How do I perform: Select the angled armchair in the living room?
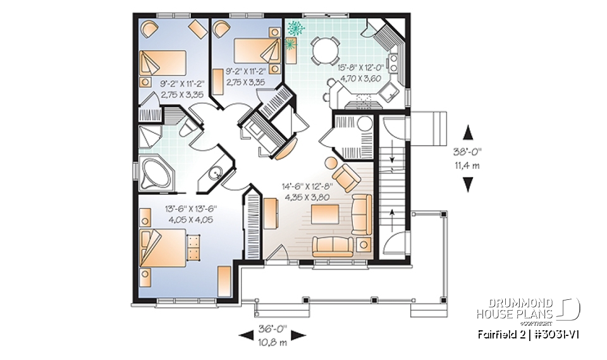345,177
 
